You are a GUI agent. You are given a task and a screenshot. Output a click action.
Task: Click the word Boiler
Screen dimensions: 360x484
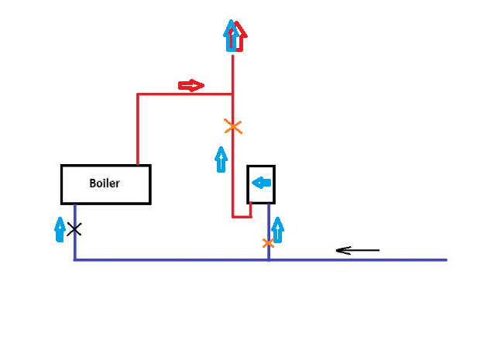click(x=105, y=183)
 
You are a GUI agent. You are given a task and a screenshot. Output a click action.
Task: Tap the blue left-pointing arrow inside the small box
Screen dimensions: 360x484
click(x=262, y=183)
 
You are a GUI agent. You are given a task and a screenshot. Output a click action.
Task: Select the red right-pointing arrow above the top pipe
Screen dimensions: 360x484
click(x=191, y=84)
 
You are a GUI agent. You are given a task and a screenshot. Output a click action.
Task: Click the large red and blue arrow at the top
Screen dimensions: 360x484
click(x=234, y=36)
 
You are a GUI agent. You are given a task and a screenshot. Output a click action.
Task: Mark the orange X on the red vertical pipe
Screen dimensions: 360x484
click(x=232, y=126)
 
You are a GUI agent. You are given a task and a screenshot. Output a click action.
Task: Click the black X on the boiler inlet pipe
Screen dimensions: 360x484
click(x=74, y=229)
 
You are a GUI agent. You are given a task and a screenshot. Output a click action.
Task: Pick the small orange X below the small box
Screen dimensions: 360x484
click(x=268, y=243)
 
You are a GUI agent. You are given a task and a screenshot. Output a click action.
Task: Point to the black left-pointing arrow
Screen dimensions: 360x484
click(x=357, y=250)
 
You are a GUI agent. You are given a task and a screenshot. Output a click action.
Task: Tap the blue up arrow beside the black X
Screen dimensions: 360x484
click(x=60, y=230)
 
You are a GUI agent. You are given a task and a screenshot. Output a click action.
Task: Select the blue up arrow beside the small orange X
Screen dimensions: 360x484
click(x=278, y=229)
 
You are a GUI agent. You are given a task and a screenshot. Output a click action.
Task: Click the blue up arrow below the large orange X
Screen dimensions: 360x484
click(x=221, y=159)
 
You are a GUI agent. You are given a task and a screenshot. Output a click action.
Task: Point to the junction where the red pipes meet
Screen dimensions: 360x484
click(x=233, y=94)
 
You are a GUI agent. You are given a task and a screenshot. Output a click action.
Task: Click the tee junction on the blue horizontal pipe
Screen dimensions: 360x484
click(x=269, y=259)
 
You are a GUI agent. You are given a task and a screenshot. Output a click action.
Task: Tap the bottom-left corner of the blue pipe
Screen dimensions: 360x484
click(x=75, y=259)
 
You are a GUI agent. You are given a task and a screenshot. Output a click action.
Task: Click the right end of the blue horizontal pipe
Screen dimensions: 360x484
click(x=446, y=259)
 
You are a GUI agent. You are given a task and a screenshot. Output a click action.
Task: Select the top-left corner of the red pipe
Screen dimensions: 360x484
click(x=138, y=94)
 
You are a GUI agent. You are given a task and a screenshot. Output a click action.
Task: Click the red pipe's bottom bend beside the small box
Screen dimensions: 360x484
click(x=233, y=216)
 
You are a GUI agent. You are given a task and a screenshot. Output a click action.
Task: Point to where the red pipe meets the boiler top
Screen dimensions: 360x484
click(x=138, y=165)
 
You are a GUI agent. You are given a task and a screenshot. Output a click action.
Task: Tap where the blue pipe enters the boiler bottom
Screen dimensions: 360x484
click(x=75, y=204)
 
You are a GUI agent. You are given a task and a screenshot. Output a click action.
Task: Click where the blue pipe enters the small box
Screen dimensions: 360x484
click(x=269, y=203)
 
